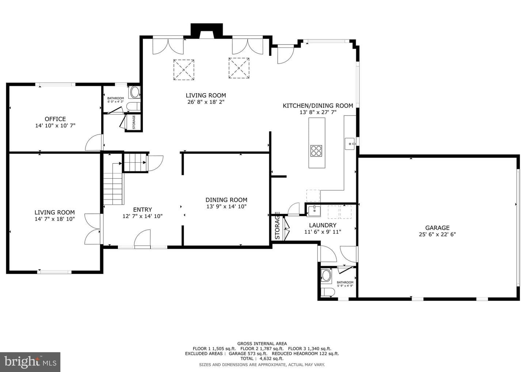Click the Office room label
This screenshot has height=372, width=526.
55,119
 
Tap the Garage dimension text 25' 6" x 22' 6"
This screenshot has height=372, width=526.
437,234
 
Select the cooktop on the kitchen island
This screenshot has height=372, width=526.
316,151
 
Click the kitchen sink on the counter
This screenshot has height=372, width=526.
350,144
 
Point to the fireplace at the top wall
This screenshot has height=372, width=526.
207,31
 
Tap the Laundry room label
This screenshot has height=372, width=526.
323,225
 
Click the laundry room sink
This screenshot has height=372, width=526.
314,210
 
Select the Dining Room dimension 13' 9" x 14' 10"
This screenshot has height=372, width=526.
226,206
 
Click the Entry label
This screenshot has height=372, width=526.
142,210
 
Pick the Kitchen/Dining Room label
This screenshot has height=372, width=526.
318,106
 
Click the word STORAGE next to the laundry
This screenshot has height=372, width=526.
277,226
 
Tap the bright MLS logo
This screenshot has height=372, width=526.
30,362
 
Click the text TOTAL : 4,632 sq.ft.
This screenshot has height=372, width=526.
262,358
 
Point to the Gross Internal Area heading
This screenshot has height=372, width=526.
262,343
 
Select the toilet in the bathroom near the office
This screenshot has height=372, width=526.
133,106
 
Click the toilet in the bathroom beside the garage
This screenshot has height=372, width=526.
328,292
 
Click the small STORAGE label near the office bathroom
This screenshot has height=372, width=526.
134,122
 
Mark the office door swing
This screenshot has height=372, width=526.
94,142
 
